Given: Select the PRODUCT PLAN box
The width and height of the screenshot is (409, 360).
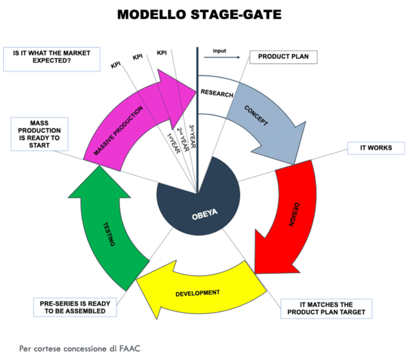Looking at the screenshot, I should (x=282, y=57).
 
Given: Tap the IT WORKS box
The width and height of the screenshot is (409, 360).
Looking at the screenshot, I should (x=376, y=148).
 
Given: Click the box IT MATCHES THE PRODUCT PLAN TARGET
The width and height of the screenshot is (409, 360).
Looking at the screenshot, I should (x=327, y=308).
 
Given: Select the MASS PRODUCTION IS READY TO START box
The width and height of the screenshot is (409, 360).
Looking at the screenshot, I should (x=39, y=133).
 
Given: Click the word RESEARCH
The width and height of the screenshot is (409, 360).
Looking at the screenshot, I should (x=217, y=93).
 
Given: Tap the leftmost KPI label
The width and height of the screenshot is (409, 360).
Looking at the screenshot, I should (x=116, y=65).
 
